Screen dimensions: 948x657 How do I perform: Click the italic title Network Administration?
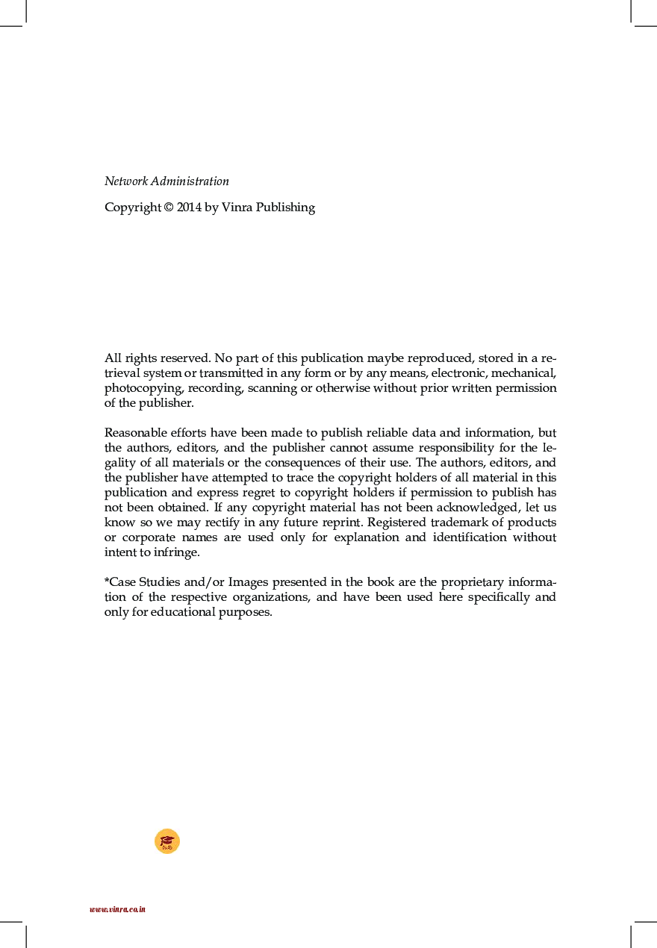[x=166, y=181]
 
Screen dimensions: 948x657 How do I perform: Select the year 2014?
[x=190, y=208]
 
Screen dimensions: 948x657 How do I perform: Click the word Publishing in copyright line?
[x=286, y=208]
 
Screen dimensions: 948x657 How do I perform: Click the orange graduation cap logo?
[x=167, y=841]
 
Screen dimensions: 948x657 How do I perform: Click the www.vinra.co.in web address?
[x=117, y=909]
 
